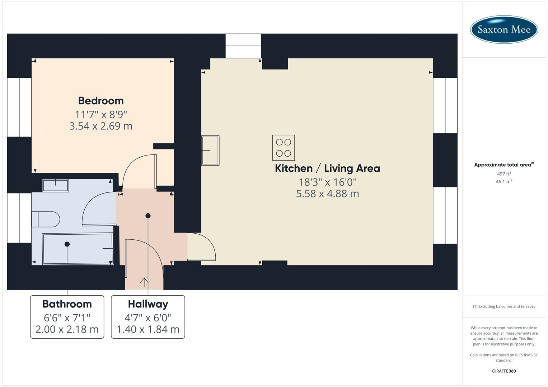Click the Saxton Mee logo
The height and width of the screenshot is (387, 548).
pyautogui.click(x=504, y=29)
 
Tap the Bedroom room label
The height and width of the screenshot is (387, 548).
pyautogui.click(x=101, y=101)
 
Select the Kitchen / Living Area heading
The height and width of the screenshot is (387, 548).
pyautogui.click(x=327, y=168)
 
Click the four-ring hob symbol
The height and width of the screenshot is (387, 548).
pyautogui.click(x=284, y=148)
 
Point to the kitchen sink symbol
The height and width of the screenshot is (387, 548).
pyautogui.click(x=210, y=150)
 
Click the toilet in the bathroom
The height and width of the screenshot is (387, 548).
pyautogui.click(x=46, y=219)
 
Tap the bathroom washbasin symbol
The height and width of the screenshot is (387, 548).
pyautogui.click(x=56, y=186)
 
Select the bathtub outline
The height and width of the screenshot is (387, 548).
pyautogui.click(x=78, y=249)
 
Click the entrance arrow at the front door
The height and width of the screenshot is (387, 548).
pyautogui.click(x=144, y=282)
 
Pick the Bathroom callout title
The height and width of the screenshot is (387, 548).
pyautogui.click(x=67, y=304)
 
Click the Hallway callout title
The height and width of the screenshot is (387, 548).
pyautogui.click(x=148, y=304)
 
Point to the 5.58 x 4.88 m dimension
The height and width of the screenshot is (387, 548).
pyautogui.click(x=327, y=194)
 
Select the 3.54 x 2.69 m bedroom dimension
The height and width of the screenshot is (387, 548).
pyautogui.click(x=101, y=126)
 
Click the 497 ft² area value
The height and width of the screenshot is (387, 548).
pyautogui.click(x=504, y=174)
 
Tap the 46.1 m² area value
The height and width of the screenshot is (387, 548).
pyautogui.click(x=504, y=182)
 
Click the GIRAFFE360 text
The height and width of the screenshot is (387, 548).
pyautogui.click(x=504, y=371)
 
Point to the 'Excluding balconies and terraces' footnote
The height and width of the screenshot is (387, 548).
pyautogui.click(x=504, y=306)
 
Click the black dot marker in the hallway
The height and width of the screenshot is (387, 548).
pyautogui.click(x=148, y=216)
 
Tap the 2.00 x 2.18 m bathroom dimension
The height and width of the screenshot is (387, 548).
pyautogui.click(x=67, y=329)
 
